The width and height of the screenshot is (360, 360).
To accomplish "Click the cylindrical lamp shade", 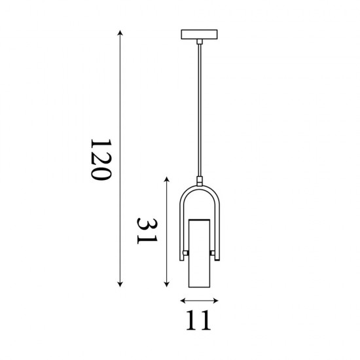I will [x=199, y=255].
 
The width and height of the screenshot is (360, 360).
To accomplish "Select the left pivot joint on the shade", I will [x=187, y=253].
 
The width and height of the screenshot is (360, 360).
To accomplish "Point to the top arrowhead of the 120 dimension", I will [x=119, y=31].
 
